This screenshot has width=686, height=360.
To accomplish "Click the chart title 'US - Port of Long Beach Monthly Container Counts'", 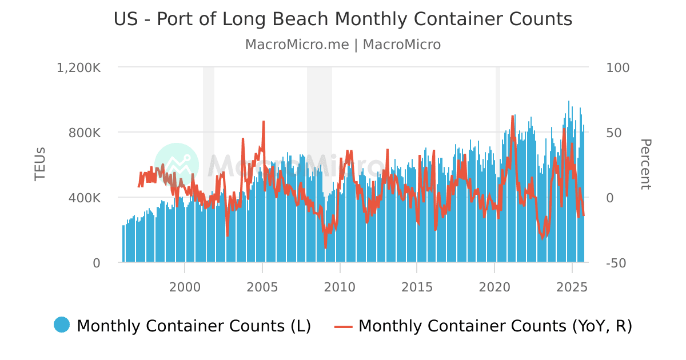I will tap(342, 19).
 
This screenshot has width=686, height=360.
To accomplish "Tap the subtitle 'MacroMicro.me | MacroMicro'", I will tap(342, 45).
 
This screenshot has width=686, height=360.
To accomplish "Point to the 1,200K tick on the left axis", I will tap(79, 67).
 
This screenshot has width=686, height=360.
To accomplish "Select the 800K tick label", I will tap(85, 133).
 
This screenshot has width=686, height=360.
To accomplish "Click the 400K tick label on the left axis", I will tap(85, 198).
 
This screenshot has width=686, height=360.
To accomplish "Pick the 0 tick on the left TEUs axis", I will tap(96, 263).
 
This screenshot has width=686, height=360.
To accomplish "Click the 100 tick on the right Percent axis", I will tap(617, 67).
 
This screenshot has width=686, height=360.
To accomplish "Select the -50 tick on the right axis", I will tap(616, 263).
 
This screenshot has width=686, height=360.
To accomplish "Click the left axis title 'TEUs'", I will tap(40, 165).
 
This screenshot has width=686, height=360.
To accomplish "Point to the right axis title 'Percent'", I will tap(645, 165).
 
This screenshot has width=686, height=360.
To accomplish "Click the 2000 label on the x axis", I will tap(185, 286).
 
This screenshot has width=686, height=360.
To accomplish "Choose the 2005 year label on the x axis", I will tap(262, 286).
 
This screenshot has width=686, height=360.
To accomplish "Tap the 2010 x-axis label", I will tap(340, 286).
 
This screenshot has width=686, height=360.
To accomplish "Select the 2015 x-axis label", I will tap(417, 286).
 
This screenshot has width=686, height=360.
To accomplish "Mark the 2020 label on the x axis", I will tap(494, 286).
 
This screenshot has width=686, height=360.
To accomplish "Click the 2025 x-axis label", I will tap(572, 286).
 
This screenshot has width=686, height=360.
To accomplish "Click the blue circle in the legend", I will tap(62, 325).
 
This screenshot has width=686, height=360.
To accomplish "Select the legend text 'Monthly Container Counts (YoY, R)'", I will tap(495, 326).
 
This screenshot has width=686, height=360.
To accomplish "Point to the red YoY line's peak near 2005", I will tap(264, 122).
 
